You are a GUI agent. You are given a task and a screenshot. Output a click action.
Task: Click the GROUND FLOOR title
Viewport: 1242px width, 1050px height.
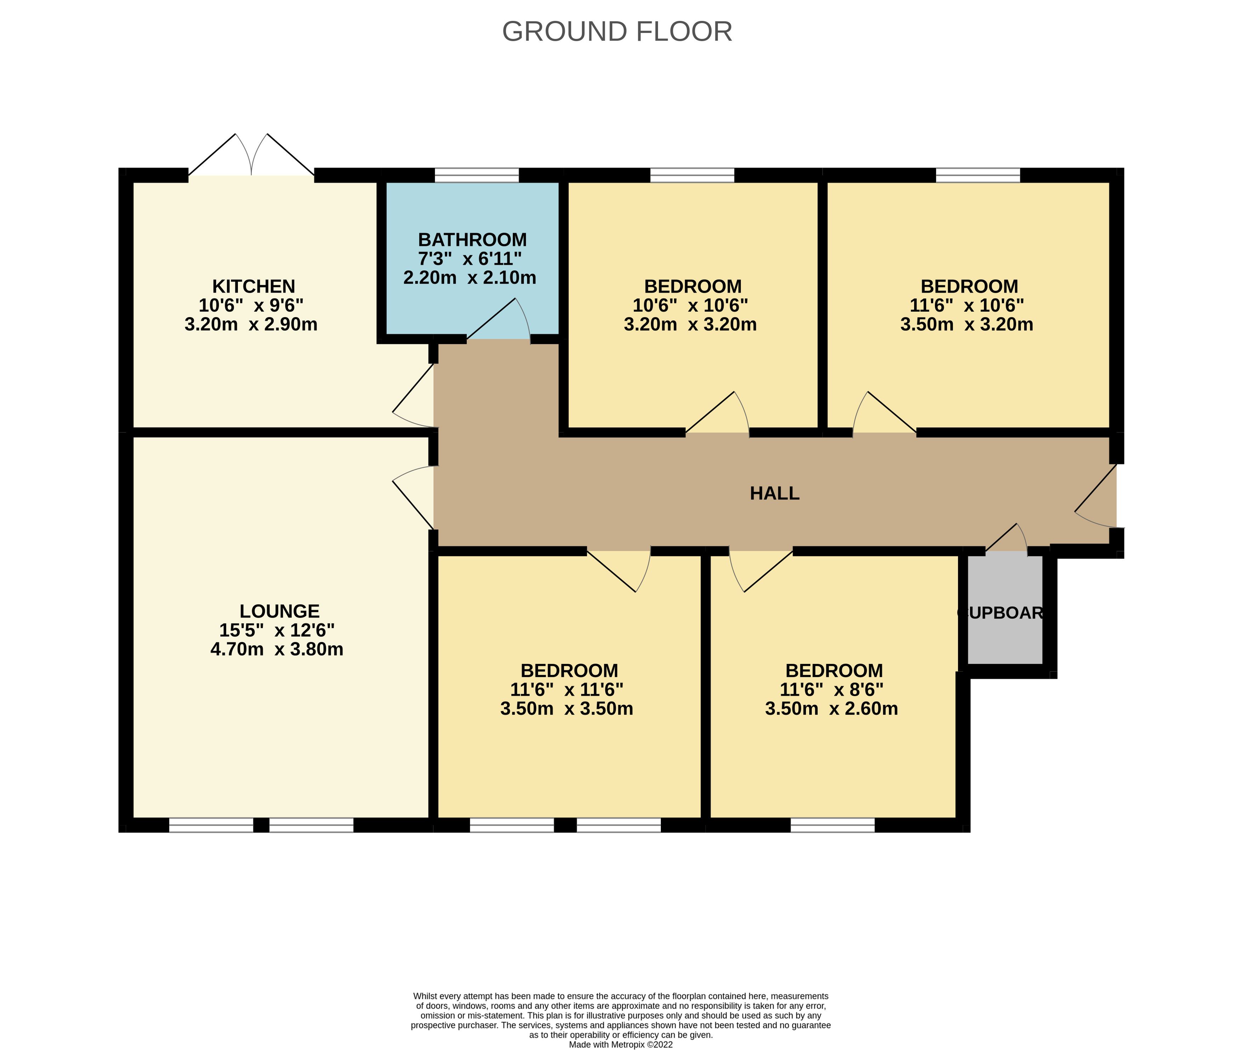point(617,32)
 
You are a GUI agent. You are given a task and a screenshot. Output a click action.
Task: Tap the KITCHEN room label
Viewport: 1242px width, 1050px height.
point(254,286)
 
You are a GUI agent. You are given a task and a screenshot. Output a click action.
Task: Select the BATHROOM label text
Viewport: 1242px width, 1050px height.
point(472,240)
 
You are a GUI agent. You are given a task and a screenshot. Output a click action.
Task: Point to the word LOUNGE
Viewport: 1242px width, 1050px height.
point(280,611)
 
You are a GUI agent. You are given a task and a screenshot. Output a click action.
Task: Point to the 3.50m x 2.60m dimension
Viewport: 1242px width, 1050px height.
point(832,709)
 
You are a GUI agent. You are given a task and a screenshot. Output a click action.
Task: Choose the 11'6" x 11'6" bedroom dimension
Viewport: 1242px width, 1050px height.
point(567,690)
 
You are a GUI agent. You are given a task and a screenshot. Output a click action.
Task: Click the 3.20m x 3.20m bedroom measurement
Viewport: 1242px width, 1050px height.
point(690,324)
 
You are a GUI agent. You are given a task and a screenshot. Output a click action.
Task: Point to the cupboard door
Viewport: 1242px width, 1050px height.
point(1007,539)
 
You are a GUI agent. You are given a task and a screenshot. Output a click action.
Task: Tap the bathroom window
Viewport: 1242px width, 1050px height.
point(477,175)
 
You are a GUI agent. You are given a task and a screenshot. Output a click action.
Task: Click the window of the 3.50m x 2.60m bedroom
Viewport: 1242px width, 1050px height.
point(833,825)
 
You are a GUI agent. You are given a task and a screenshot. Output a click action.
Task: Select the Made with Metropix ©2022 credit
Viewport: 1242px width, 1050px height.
point(621,1044)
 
